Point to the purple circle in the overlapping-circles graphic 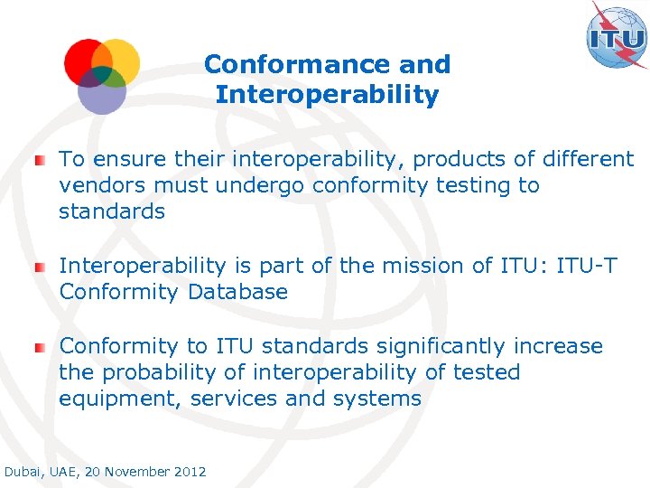pyautogui.click(x=101, y=94)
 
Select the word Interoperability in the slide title pyautogui.click(x=327, y=95)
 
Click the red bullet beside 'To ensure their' pyautogui.click(x=39, y=161)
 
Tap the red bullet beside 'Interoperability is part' pyautogui.click(x=39, y=267)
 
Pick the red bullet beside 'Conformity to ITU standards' pyautogui.click(x=39, y=347)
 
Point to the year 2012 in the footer pyautogui.click(x=189, y=472)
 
